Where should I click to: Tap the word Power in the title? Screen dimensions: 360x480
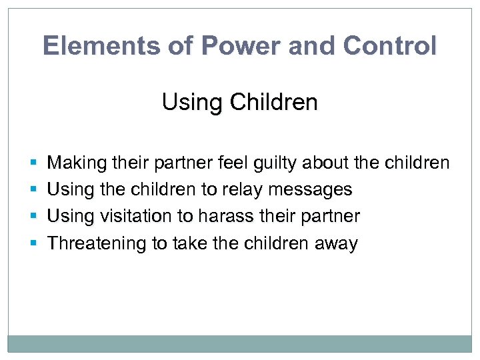pos(225,46)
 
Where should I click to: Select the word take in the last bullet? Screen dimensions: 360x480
pos(191,243)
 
